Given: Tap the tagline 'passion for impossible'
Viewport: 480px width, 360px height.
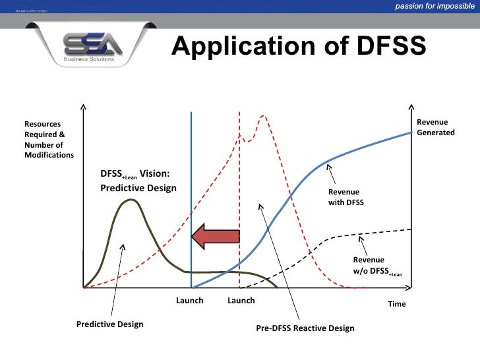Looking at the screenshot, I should (x=435, y=7).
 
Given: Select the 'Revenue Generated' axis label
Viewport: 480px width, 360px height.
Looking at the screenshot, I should (x=435, y=127).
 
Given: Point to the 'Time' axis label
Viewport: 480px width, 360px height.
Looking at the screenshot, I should (x=397, y=304).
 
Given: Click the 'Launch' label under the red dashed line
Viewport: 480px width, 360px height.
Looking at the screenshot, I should (x=241, y=301).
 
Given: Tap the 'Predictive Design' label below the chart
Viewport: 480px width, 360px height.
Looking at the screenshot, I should (x=109, y=324).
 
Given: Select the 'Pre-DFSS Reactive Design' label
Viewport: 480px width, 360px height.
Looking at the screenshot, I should (x=305, y=328).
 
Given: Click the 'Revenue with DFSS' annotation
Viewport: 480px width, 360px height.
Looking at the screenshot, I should (x=346, y=197).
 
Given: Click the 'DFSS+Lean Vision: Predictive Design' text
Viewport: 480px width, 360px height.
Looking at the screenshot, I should (x=138, y=181).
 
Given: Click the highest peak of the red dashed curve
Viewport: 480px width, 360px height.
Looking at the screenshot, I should (x=264, y=116).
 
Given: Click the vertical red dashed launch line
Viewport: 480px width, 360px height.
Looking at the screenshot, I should (x=239, y=198).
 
